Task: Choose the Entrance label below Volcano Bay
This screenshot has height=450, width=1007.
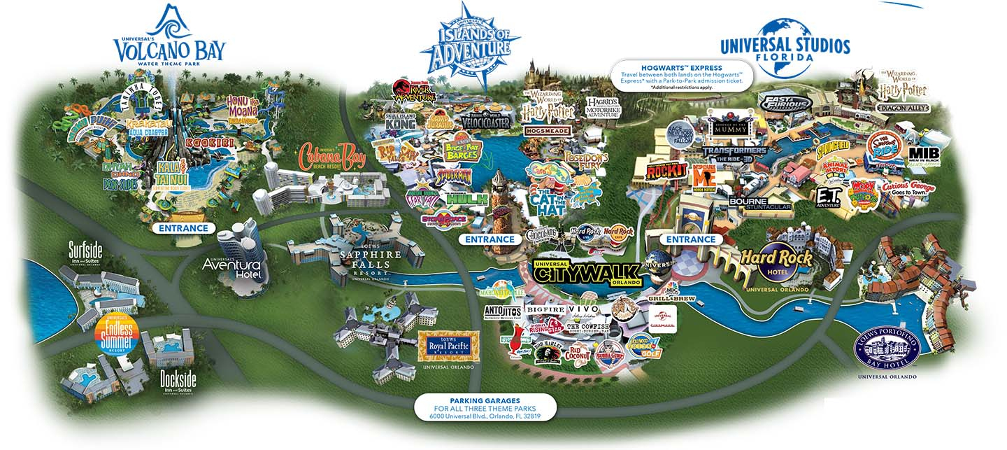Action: click(184, 228)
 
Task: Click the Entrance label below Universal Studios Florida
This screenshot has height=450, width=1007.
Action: click(690, 239)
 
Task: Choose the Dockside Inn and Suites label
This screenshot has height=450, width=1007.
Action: click(178, 382)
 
